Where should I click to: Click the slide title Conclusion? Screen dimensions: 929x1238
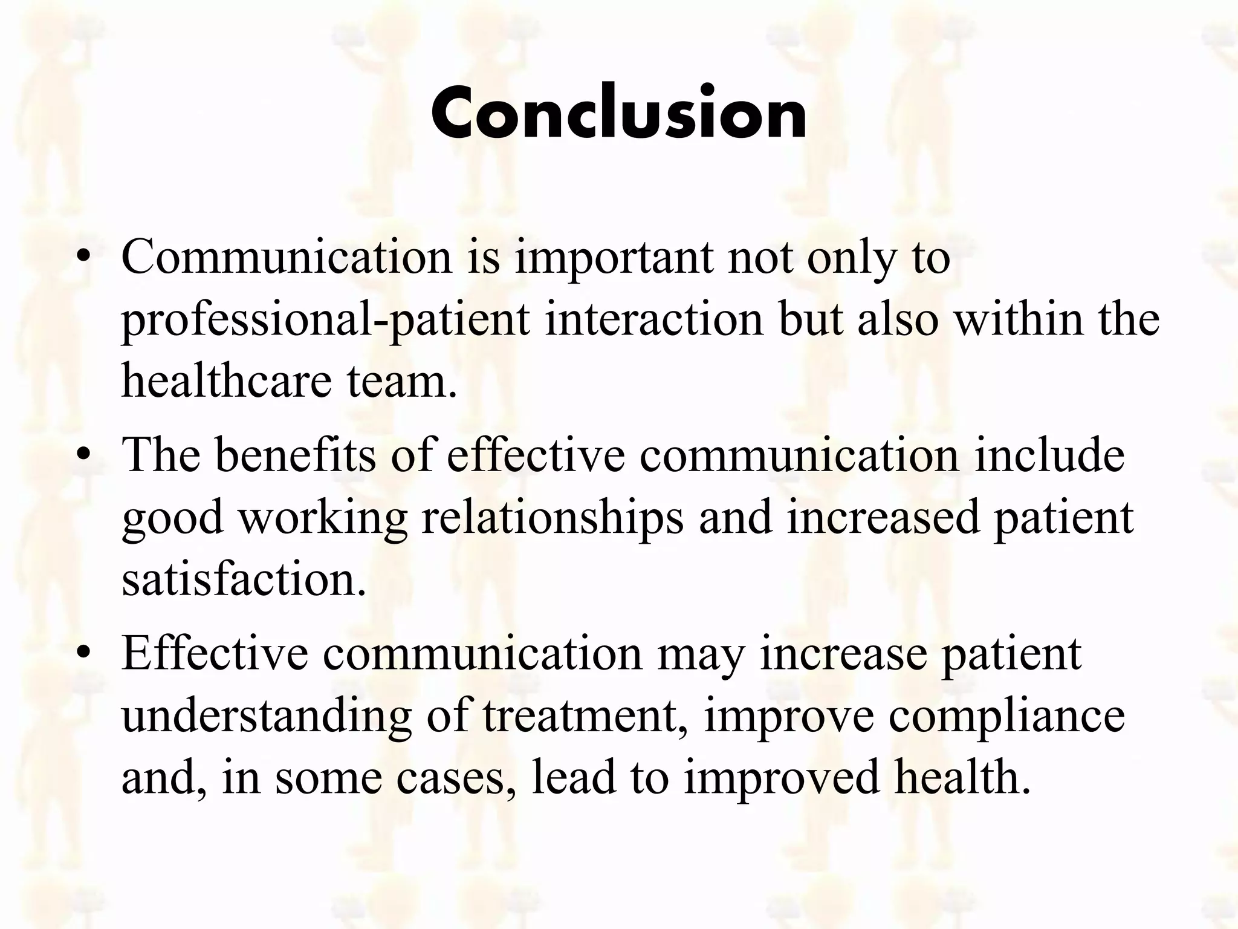619,113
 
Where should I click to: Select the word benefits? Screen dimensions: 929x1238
296,455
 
